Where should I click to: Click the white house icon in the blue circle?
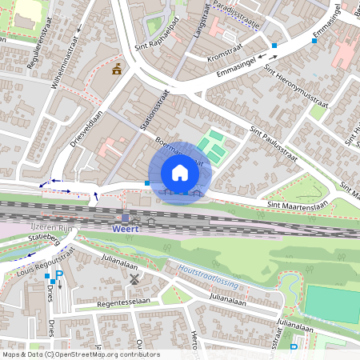(x=180, y=173)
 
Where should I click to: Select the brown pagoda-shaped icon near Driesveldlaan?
(x=118, y=69)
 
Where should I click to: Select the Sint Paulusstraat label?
(x=273, y=144)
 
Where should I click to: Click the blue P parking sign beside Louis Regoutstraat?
(x=58, y=275)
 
